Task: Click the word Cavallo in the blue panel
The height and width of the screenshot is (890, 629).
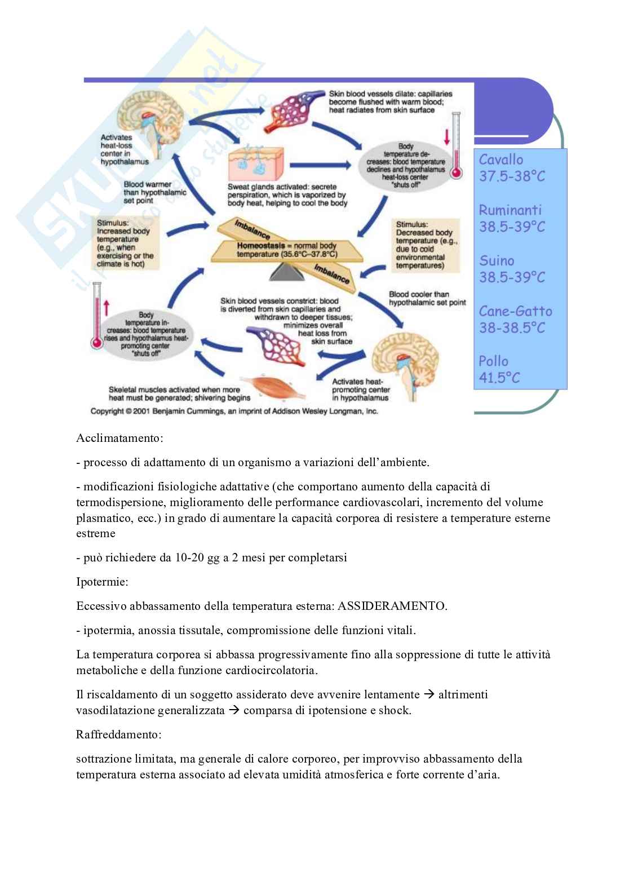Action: pyautogui.click(x=501, y=160)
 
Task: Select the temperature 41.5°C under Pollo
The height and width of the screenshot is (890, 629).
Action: pyautogui.click(x=500, y=378)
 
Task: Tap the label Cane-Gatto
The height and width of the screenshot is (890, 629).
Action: pyautogui.click(x=515, y=311)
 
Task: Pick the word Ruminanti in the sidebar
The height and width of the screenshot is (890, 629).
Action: pyautogui.click(x=510, y=210)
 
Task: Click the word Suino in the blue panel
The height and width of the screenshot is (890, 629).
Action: pyautogui.click(x=497, y=260)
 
